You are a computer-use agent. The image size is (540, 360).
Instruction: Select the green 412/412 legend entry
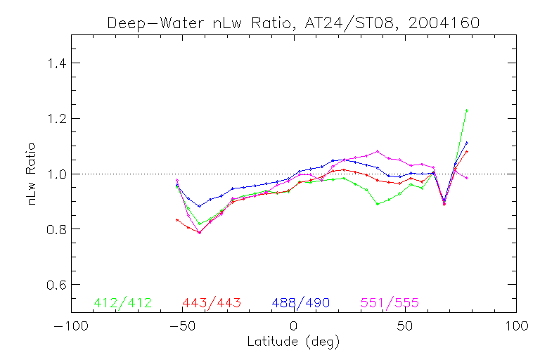click(x=122, y=302)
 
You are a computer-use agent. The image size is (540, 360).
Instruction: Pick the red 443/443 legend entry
click(x=212, y=302)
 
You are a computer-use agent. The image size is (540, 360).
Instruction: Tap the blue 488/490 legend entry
click(x=301, y=302)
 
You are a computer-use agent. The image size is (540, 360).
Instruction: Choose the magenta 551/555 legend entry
click(x=390, y=302)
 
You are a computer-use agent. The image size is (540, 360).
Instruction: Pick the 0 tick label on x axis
click(x=294, y=327)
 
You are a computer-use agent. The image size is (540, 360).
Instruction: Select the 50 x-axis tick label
click(x=405, y=327)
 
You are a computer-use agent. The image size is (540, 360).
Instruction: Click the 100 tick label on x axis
click(x=517, y=327)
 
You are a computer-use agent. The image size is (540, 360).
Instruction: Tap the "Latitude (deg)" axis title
click(x=293, y=342)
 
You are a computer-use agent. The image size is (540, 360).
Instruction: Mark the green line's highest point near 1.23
click(x=466, y=110)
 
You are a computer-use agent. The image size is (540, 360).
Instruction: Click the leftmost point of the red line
click(x=177, y=220)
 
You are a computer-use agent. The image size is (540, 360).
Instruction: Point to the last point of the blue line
click(x=466, y=143)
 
